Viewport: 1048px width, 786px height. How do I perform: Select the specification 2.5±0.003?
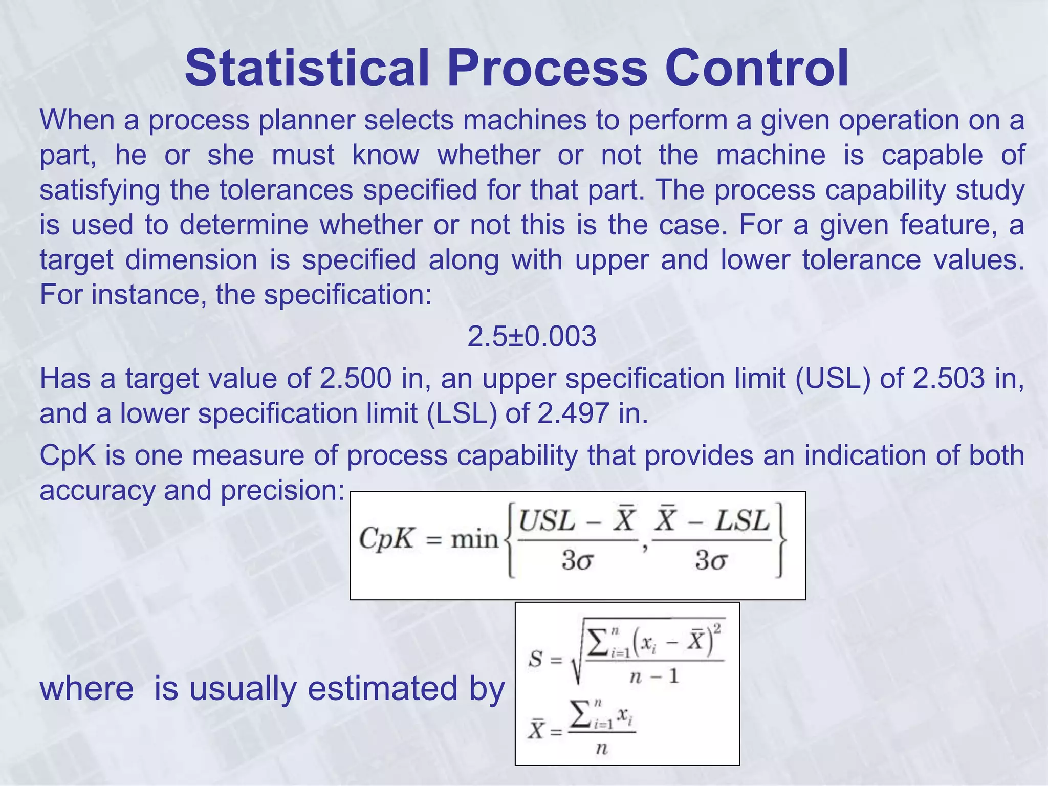click(x=532, y=337)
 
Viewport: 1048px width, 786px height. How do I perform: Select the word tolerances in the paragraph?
click(x=287, y=190)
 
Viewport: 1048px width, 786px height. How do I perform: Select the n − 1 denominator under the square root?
click(x=653, y=677)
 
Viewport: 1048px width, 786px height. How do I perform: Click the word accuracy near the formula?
click(x=97, y=491)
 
